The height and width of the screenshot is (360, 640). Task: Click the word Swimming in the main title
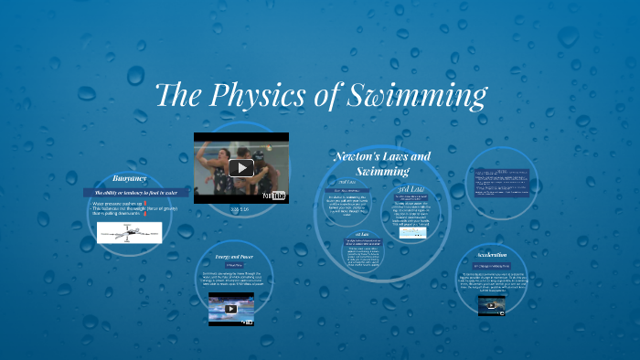tap(415, 95)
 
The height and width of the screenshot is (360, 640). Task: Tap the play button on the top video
tap(240, 167)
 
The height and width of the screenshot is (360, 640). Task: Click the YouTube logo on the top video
tap(274, 195)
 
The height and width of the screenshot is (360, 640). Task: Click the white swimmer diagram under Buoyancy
tap(129, 232)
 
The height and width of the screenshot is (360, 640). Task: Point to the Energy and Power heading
tap(233, 257)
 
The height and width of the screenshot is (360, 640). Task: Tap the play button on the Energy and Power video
tap(231, 309)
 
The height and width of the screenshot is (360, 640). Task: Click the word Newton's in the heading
tap(356, 157)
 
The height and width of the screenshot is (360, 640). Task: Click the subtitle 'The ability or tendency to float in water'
tap(129, 193)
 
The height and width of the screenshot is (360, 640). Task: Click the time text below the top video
tap(240, 209)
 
